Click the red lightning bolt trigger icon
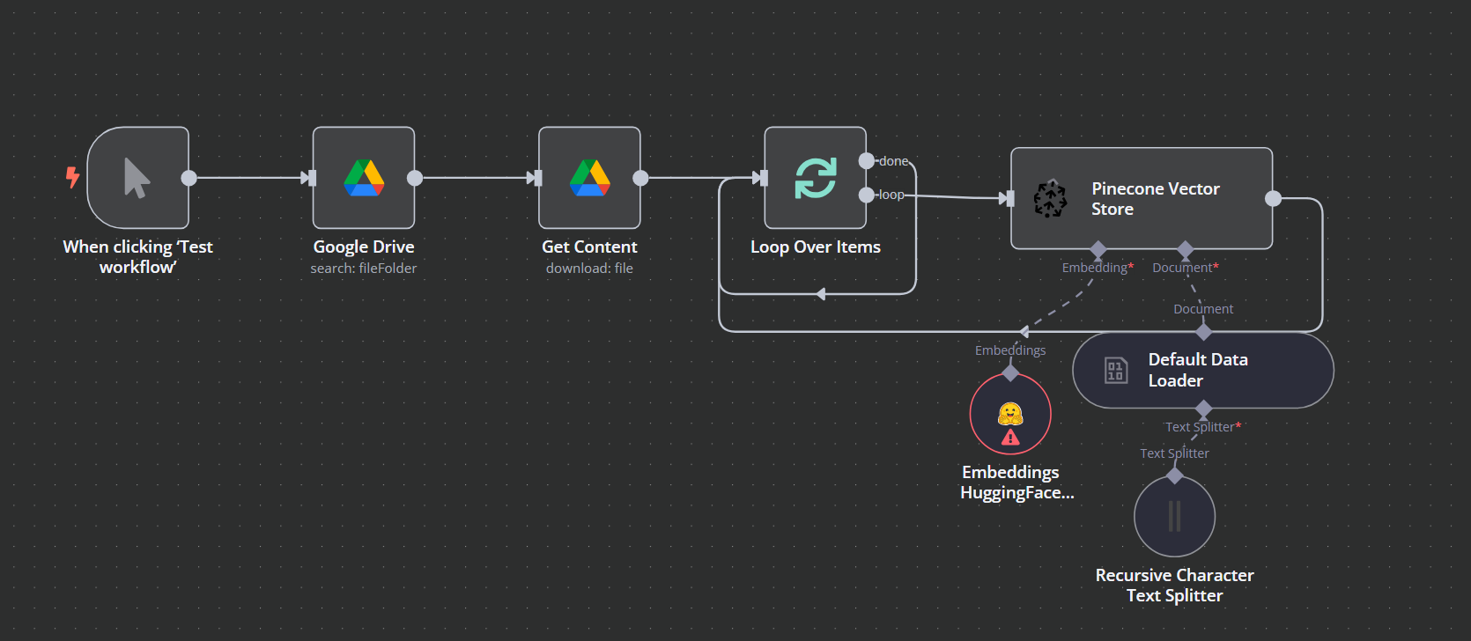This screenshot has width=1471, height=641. pos(72,177)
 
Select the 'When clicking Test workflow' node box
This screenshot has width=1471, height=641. pos(137,178)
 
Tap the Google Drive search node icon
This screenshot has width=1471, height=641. pos(364,178)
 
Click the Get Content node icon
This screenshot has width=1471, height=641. pos(589,178)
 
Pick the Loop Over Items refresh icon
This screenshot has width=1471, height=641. pos(816,178)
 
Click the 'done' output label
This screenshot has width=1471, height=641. pos(893,161)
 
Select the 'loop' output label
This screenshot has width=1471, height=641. pos(891,195)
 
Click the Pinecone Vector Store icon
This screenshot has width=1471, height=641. pos(1050,199)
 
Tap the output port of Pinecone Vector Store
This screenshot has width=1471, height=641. pos(1273,198)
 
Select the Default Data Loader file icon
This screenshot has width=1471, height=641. pos(1116,370)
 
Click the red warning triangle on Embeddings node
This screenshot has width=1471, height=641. pos(1010,437)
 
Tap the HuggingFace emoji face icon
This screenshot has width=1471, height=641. pos(1010,414)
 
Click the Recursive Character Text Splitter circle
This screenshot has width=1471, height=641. pos(1174,516)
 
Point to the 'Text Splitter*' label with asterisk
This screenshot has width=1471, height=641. pos(1202,427)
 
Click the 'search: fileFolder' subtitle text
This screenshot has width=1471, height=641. pos(364,269)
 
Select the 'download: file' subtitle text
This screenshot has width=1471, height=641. pos(589,269)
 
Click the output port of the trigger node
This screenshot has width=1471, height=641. pos(188,178)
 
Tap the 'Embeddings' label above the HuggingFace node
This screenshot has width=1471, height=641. pos(1010,350)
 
